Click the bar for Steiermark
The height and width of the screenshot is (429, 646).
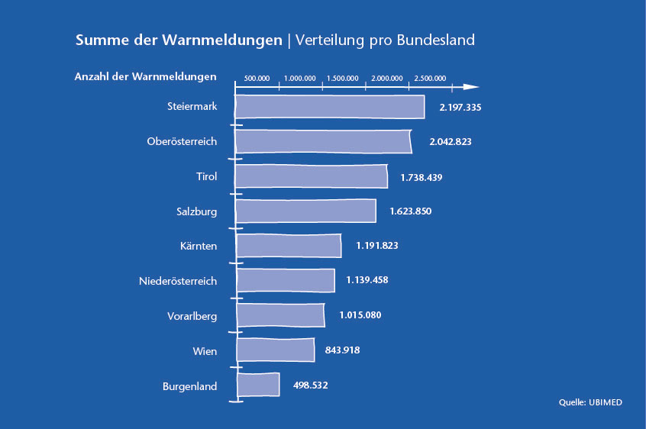pyautogui.click(x=329, y=107)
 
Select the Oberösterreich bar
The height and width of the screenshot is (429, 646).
pyautogui.click(x=323, y=142)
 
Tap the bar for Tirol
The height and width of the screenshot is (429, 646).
pyautogui.click(x=311, y=176)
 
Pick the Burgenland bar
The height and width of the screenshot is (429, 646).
pyautogui.click(x=258, y=385)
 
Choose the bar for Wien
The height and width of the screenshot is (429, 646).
pyautogui.click(x=276, y=350)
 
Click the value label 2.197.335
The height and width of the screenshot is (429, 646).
pyautogui.click(x=460, y=108)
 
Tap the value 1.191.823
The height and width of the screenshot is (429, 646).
pyautogui.click(x=377, y=246)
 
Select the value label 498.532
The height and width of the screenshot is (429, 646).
pyautogui.click(x=310, y=385)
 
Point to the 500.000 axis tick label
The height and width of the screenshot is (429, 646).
pyautogui.click(x=256, y=79)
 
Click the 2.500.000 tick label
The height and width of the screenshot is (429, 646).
pyautogui.click(x=430, y=79)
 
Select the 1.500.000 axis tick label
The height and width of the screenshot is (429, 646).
pyautogui.click(x=343, y=79)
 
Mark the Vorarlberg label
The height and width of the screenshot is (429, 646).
pyautogui.click(x=192, y=315)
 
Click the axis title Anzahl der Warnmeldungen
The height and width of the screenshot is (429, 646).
pyautogui.click(x=145, y=77)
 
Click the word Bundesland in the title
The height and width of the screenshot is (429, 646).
pyautogui.click(x=435, y=40)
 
